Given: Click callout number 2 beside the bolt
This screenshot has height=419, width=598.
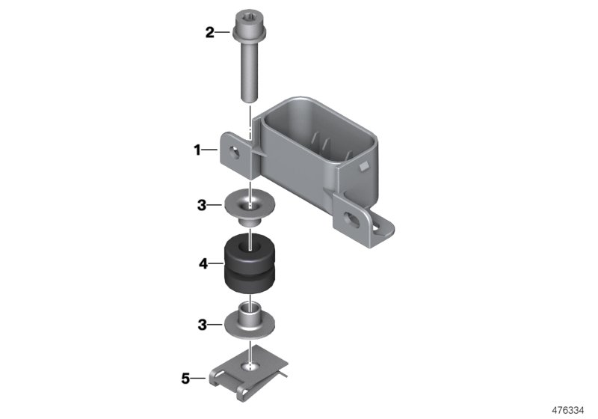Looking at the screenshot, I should click(210, 31).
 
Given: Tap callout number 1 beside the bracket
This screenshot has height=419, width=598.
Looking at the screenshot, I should click(198, 150).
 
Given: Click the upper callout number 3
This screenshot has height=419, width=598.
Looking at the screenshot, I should click(202, 203).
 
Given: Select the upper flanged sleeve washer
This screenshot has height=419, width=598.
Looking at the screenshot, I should click(246, 206).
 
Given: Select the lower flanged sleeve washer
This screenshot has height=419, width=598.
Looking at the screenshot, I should click(246, 320).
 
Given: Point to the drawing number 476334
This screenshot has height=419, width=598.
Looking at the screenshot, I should click(570, 409).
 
